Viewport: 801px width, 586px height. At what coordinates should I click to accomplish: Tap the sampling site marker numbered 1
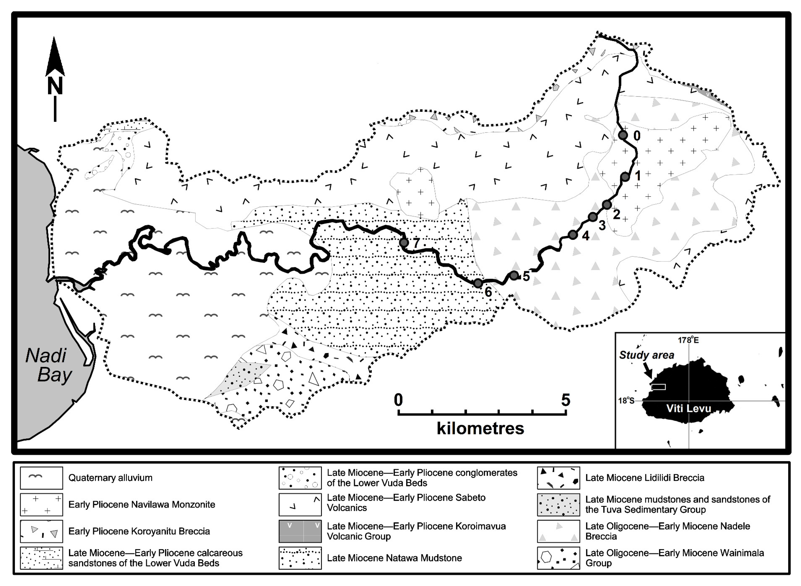[625, 177]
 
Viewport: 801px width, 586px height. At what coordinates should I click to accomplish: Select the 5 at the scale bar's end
[565, 400]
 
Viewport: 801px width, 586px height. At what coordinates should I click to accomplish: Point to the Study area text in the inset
[647, 355]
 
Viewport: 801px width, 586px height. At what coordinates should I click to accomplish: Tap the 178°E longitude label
[688, 340]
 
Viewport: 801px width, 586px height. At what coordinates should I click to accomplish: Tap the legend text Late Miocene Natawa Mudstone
[394, 558]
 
